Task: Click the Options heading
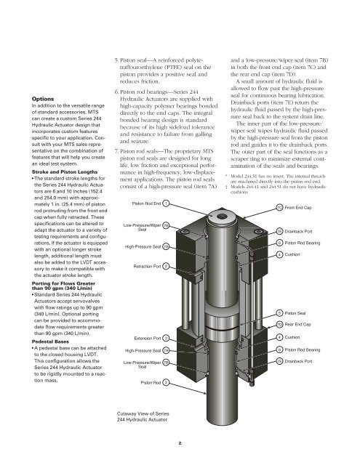pyautogui.click(x=43, y=99)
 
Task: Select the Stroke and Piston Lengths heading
pyautogui.click(x=65, y=172)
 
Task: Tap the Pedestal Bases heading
pyautogui.click(x=50, y=341)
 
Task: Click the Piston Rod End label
pyautogui.click(x=146, y=203)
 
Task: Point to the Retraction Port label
pyautogui.click(x=147, y=267)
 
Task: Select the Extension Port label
pyautogui.click(x=148, y=339)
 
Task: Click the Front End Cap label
pyautogui.click(x=298, y=208)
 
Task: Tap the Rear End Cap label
pyautogui.click(x=297, y=325)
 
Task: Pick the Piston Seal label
pyautogui.click(x=295, y=313)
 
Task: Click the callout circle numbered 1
pyautogui.click(x=167, y=203)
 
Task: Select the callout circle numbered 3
pyautogui.click(x=167, y=383)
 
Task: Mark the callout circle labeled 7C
pyautogui.click(x=279, y=208)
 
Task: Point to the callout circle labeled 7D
pyautogui.click(x=279, y=325)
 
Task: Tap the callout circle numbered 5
pyautogui.click(x=279, y=313)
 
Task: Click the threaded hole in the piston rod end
pyautogui.click(x=221, y=217)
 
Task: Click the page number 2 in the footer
pyautogui.click(x=180, y=443)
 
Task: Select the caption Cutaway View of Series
pyautogui.click(x=143, y=413)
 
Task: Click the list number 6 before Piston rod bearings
pyautogui.click(x=116, y=92)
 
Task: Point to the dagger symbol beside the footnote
pyautogui.click(x=226, y=187)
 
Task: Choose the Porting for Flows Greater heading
pyautogui.click(x=63, y=283)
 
